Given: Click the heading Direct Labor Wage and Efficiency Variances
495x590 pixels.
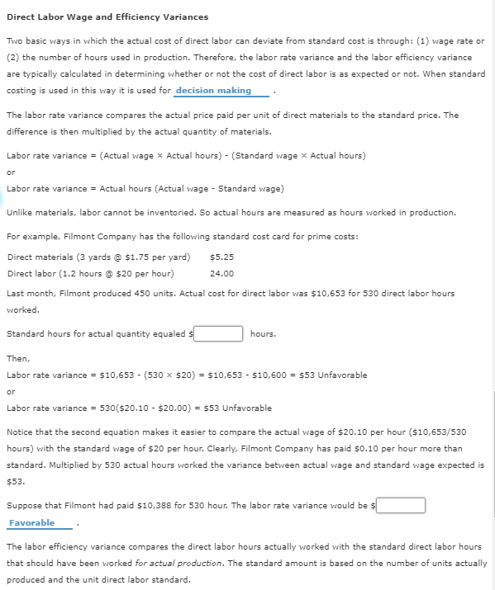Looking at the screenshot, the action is click(x=107, y=17).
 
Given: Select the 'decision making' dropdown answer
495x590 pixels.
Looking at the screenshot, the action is click(x=213, y=91).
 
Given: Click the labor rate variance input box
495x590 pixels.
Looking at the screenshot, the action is click(x=402, y=505).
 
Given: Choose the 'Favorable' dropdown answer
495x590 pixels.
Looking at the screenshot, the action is click(x=32, y=522).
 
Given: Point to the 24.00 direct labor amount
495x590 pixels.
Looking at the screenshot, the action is click(x=221, y=273).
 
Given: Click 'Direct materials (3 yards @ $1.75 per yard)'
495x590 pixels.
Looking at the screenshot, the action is click(x=98, y=257).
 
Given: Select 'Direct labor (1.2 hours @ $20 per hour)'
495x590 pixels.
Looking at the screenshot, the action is click(x=90, y=273).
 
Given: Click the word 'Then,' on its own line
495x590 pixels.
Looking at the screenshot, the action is click(x=18, y=359).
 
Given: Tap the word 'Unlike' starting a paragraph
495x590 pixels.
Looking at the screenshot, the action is click(x=19, y=212).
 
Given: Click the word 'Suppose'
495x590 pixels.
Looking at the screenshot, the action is click(x=24, y=506).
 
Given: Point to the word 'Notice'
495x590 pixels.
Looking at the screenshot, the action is click(x=21, y=432).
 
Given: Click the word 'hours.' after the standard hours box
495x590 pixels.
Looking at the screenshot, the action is click(x=263, y=334).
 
